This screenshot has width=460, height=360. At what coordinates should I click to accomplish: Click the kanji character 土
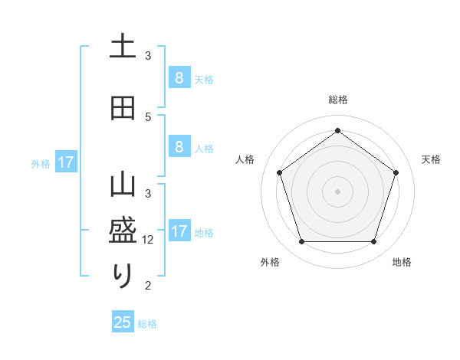[x=123, y=47]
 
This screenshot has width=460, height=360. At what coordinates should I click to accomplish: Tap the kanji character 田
[x=123, y=108]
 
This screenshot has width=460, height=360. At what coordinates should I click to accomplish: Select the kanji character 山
[x=123, y=186]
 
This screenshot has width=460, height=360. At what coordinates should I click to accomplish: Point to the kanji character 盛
[x=123, y=230]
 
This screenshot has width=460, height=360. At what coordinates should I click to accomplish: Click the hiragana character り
[x=123, y=275]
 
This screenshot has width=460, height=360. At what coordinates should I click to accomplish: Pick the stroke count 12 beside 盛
[x=149, y=239]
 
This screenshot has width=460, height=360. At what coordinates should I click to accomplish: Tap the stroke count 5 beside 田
[x=149, y=116]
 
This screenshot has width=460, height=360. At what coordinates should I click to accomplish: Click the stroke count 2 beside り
[x=149, y=286]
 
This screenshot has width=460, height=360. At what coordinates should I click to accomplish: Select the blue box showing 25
[x=123, y=322]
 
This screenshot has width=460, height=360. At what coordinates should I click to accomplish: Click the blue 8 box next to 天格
[x=179, y=77]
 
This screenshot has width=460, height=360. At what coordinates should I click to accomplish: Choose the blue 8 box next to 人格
[x=179, y=147]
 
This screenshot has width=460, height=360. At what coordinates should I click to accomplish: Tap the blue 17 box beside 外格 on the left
[x=65, y=162]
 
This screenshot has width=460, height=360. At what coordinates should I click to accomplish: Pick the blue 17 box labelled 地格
[x=179, y=231]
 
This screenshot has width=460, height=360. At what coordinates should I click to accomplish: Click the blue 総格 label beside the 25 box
[x=147, y=324]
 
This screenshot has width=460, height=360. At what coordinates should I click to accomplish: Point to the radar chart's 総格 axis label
[x=337, y=100]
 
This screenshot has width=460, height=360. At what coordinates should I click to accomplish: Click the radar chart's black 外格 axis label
[x=270, y=262]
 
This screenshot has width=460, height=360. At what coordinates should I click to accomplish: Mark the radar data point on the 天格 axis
[x=396, y=172]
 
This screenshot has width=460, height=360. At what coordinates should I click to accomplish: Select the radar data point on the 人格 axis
[x=279, y=172]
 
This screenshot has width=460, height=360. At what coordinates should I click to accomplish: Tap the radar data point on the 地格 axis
[x=373, y=242]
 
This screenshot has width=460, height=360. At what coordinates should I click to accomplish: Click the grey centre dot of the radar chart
[x=337, y=191]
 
